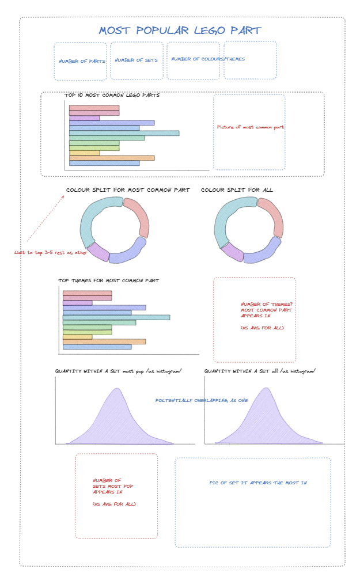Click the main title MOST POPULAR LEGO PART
click(180, 31)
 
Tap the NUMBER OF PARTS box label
click(81, 61)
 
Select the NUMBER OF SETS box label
click(137, 60)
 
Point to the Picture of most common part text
click(250, 127)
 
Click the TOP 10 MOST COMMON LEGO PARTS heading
click(112, 96)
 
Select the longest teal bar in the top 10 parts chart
click(124, 133)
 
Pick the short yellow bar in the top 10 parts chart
click(84, 153)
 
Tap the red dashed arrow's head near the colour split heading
click(64, 196)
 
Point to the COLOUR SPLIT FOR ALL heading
click(237, 190)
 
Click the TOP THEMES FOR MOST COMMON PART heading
click(108, 281)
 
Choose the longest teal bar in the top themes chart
click(116, 317)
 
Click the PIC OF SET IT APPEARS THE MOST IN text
click(258, 483)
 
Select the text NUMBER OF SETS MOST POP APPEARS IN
click(113, 486)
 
